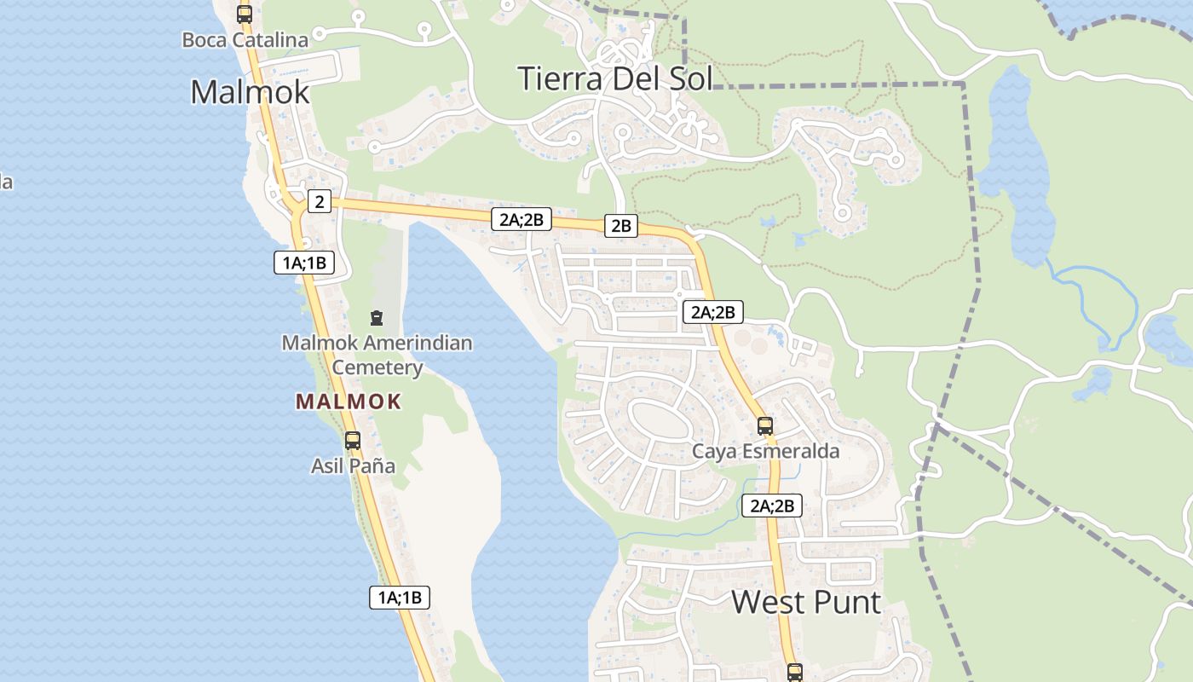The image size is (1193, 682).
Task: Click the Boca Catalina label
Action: (x=245, y=39)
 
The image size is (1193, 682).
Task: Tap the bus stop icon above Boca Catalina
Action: (x=245, y=14)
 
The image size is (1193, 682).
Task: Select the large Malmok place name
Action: (x=250, y=91)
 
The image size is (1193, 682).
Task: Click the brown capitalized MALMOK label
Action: (x=349, y=402)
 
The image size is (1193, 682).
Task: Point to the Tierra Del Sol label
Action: (x=615, y=78)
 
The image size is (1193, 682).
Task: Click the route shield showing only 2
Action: (x=319, y=201)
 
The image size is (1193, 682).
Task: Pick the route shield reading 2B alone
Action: (x=620, y=225)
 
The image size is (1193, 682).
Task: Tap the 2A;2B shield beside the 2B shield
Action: (x=522, y=219)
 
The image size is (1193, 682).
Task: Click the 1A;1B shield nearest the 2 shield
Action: (x=304, y=263)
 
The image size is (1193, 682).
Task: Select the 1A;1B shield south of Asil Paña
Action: (x=400, y=597)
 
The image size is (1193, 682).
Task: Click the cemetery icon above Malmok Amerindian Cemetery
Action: (x=376, y=319)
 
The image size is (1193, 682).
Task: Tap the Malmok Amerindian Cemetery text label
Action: (x=377, y=355)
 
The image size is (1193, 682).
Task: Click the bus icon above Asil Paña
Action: (x=352, y=441)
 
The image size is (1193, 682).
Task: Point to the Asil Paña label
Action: (x=353, y=466)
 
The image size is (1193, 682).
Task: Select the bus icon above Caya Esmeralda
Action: (x=765, y=426)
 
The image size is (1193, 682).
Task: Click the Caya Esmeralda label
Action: (x=765, y=451)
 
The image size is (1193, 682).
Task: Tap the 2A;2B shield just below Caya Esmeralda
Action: (x=772, y=506)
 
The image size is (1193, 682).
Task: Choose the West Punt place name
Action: (x=806, y=602)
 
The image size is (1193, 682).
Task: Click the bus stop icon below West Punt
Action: (x=795, y=673)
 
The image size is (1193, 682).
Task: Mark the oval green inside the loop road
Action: (x=660, y=419)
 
